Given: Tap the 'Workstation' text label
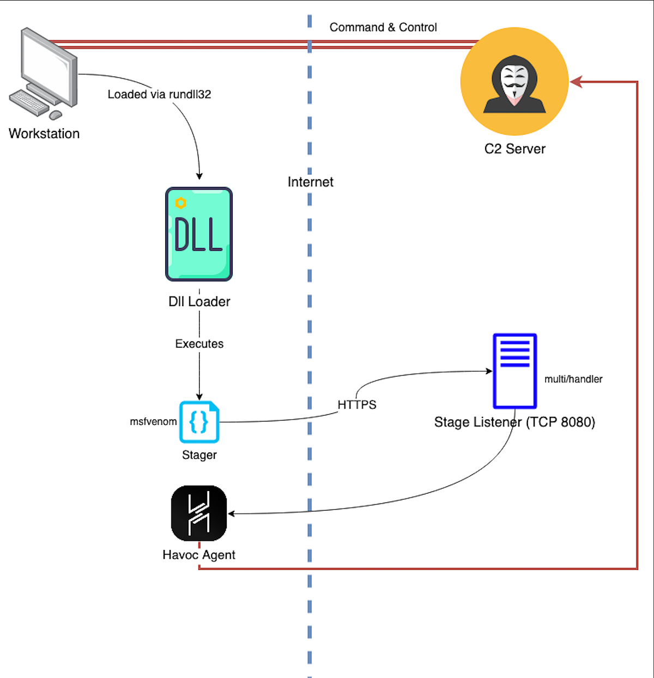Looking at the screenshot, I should point(44,134).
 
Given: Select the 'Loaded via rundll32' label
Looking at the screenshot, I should point(159,94).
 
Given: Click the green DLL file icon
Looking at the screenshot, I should point(199,234).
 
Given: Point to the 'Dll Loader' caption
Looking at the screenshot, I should point(199,301).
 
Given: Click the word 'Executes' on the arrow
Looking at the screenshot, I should point(199,344).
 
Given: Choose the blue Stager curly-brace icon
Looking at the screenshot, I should point(199,422).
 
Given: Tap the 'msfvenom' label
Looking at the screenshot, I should point(153,421).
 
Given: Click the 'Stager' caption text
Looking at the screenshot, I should point(199,455).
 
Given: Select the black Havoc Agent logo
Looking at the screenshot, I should point(199,513).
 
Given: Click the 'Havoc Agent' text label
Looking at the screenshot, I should point(199,555).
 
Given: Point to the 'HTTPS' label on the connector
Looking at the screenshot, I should point(357,405).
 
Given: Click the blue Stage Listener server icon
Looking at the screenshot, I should point(515,371).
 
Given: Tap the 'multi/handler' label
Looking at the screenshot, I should point(573,379).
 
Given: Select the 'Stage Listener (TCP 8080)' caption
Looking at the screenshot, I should point(514,422).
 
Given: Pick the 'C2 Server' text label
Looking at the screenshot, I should point(514,149).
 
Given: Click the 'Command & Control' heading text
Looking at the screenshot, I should point(383,27).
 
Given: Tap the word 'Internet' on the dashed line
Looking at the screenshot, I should point(311,182).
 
